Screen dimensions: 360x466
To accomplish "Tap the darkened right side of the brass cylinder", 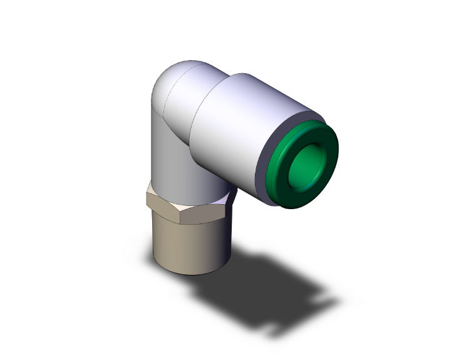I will click(x=216, y=247).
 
